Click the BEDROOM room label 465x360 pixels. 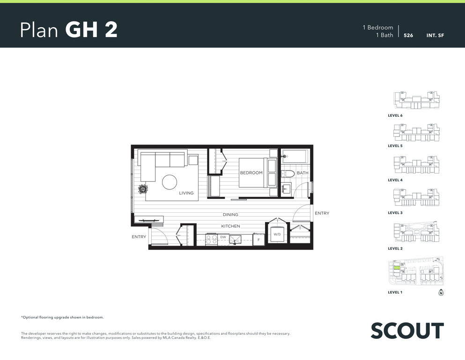pos(251,172)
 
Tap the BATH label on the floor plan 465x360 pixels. pos(303,172)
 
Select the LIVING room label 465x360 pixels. pos(186,193)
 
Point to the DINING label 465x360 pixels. pos(230,215)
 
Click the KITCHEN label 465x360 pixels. pos(230,226)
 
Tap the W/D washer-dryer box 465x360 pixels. pos(277,234)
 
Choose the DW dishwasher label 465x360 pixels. pos(223,237)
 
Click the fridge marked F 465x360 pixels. pos(258,240)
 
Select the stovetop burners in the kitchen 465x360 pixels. pos(212,240)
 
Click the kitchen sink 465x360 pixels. pos(235,240)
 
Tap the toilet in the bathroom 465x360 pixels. pos(288,173)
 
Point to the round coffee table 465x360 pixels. pos(170,182)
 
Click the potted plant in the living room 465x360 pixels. pos(143,189)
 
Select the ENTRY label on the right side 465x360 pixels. pos(322,213)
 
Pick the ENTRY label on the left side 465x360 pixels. pos(139,237)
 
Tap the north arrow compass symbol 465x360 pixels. pos(441,292)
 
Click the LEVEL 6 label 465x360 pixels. pos(395,115)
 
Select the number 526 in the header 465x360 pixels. pos(408,35)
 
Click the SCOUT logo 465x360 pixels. pos(407,330)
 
